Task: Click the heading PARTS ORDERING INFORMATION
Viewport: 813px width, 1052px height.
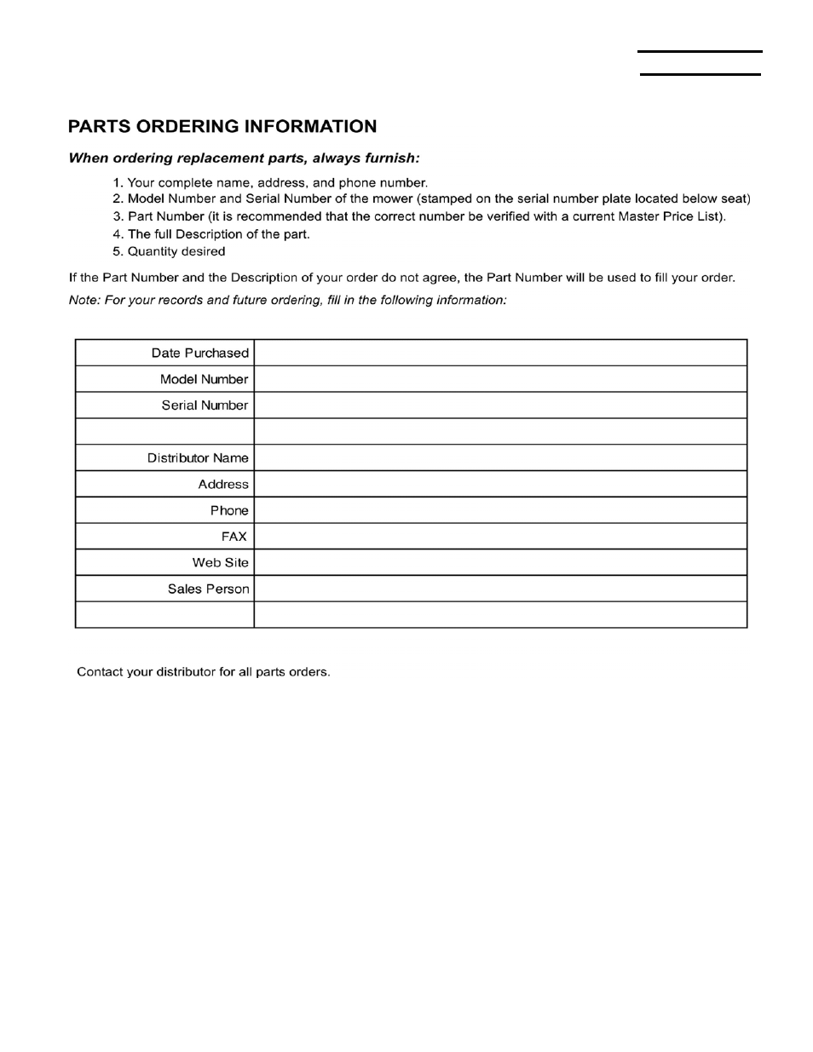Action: [x=222, y=126]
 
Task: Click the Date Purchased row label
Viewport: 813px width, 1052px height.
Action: [x=199, y=353]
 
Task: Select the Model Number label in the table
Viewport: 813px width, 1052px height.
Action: [x=204, y=379]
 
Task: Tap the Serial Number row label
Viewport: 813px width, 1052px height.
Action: [x=205, y=405]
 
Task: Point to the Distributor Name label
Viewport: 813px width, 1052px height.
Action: [x=198, y=458]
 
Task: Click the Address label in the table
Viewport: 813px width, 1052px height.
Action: [x=223, y=484]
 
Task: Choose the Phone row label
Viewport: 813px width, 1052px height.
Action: [x=229, y=510]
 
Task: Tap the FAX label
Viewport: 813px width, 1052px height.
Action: [x=234, y=537]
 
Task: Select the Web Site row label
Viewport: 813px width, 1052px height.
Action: [x=220, y=563]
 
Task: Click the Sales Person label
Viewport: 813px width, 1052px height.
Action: [x=208, y=589]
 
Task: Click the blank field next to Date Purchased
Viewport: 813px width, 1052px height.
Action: [x=500, y=353]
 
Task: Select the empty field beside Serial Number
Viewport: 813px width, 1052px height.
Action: [x=500, y=405]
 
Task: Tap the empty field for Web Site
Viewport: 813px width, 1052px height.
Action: [x=500, y=563]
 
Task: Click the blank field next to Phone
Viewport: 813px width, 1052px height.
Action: [x=500, y=510]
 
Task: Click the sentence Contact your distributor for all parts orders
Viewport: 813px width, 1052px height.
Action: [x=203, y=672]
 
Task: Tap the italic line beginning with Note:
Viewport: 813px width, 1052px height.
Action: [x=287, y=301]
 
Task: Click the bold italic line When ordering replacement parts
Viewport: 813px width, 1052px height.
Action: [x=244, y=158]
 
